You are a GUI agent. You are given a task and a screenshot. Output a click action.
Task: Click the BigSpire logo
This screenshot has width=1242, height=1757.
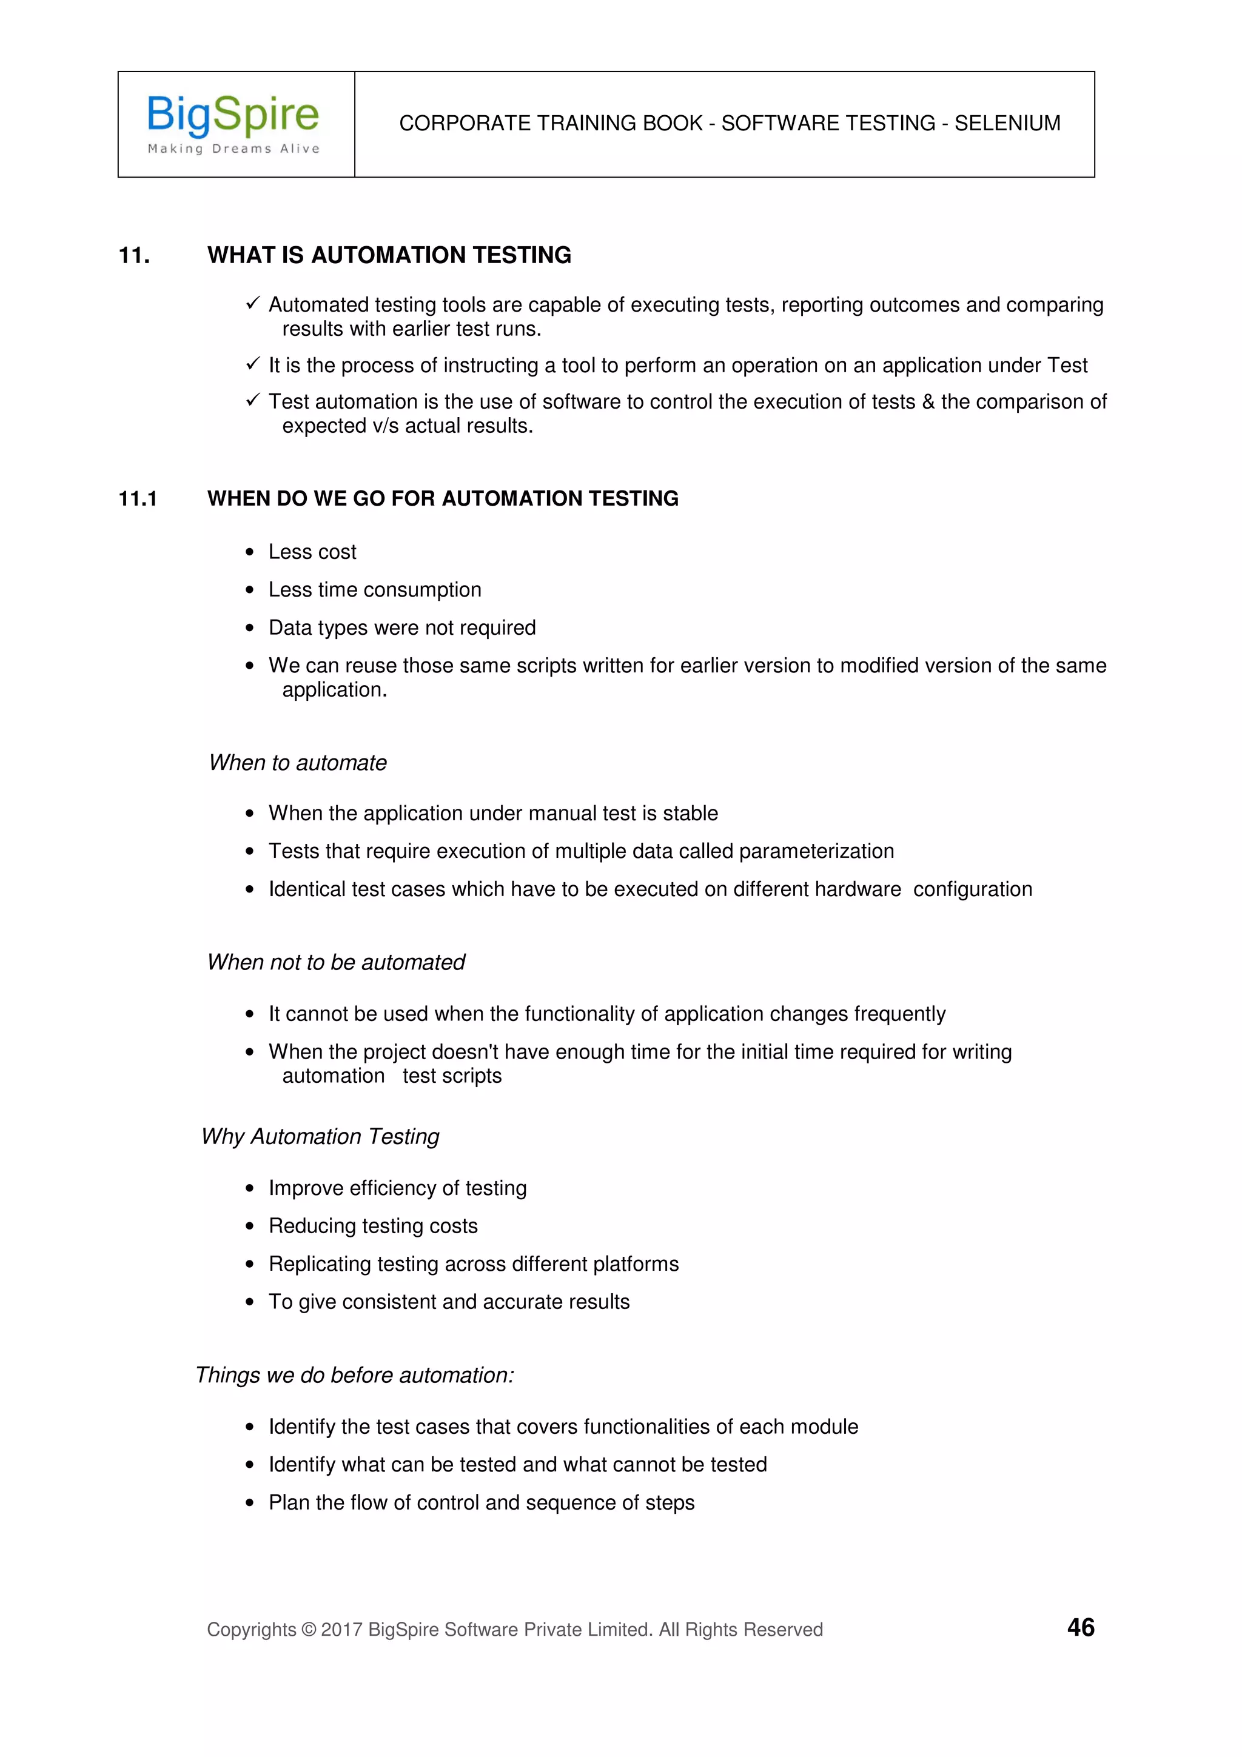[x=233, y=116]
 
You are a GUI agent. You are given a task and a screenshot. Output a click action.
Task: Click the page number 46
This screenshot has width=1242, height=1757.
[x=1079, y=1627]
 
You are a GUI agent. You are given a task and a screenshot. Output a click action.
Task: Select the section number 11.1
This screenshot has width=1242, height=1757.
[x=138, y=499]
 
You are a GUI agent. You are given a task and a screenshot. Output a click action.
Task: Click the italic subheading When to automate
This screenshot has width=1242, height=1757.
[x=298, y=763]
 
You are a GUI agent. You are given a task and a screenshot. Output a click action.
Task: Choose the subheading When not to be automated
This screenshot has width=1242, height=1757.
[x=336, y=962]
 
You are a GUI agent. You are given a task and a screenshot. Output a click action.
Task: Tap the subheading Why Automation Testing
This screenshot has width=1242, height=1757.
[x=320, y=1136]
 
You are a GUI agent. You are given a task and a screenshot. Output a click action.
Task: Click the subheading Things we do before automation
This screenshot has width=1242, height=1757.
[x=354, y=1375]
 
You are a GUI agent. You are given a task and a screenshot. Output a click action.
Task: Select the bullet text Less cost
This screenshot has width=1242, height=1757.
[x=312, y=552]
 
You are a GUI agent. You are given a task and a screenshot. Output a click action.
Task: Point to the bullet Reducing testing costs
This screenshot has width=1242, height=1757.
[x=373, y=1226]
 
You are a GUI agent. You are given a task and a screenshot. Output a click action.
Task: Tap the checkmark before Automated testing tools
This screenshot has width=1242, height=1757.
[x=253, y=304]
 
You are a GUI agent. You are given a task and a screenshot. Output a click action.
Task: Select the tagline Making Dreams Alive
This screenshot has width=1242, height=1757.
[x=233, y=149]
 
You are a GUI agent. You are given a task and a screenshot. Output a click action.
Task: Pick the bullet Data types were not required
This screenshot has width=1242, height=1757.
[x=401, y=627]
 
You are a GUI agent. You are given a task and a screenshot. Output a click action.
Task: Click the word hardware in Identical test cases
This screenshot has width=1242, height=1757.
[x=858, y=889]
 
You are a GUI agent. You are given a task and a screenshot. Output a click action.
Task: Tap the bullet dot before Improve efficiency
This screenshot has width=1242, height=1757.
[x=249, y=1188]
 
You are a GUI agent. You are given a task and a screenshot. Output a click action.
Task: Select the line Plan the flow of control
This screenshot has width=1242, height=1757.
[x=482, y=1502]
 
